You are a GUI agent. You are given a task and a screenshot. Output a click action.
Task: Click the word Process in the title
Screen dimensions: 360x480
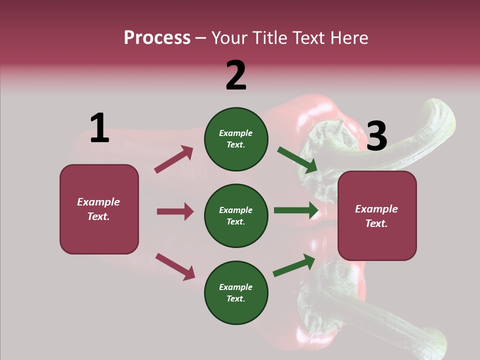coord(157,38)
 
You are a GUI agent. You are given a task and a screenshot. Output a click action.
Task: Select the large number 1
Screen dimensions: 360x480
coord(99,128)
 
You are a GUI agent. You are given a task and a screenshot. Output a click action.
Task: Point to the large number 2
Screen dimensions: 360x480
coord(236,75)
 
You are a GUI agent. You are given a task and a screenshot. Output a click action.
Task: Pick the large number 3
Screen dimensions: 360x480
coord(376,136)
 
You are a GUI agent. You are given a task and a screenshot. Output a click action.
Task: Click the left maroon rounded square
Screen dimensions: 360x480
coord(99,209)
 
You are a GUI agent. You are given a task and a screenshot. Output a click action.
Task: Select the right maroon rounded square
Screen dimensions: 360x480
coord(377,216)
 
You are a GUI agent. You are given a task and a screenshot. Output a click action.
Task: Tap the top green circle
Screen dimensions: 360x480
coord(236,139)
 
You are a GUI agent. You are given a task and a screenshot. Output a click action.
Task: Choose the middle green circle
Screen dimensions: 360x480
coord(236,215)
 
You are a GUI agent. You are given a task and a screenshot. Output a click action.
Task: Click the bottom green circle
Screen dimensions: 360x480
coord(236,292)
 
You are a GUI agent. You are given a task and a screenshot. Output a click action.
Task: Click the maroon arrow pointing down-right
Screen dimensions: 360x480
coord(175,266)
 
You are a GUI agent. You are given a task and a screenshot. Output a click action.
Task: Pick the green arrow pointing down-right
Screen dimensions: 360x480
coord(297,160)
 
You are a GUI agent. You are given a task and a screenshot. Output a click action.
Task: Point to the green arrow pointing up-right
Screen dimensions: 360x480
coord(294,265)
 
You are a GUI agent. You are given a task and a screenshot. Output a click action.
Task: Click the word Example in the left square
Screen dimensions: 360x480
coord(98,202)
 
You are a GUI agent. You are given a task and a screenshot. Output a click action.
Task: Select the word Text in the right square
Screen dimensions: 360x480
coord(376,223)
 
